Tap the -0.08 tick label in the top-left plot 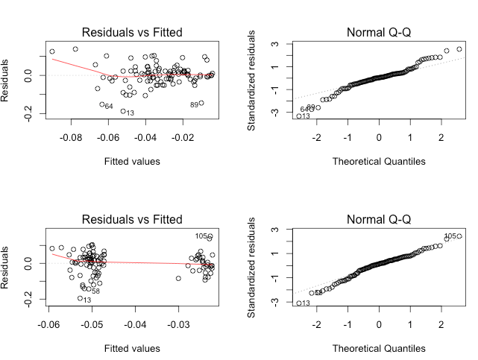click(72, 138)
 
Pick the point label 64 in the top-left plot click(108, 107)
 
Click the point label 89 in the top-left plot click(194, 105)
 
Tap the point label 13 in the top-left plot click(130, 113)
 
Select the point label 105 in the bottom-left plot click(201, 236)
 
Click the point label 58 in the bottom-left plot click(95, 291)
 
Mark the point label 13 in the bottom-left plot click(87, 300)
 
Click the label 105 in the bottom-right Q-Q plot click(450, 237)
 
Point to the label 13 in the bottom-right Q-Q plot click(306, 303)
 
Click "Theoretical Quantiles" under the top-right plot click(379, 161)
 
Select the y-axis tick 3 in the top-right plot click(275, 44)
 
